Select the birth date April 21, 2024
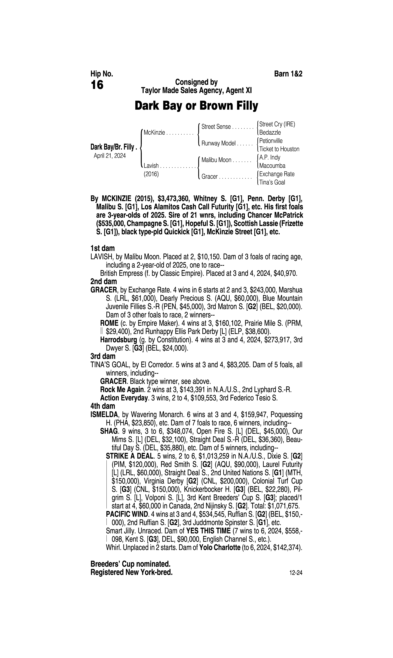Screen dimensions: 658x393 coord(110,156)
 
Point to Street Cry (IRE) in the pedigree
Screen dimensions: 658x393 coord(277,124)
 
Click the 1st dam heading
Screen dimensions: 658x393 coord(103,248)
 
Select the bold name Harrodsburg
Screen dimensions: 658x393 coord(118,340)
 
